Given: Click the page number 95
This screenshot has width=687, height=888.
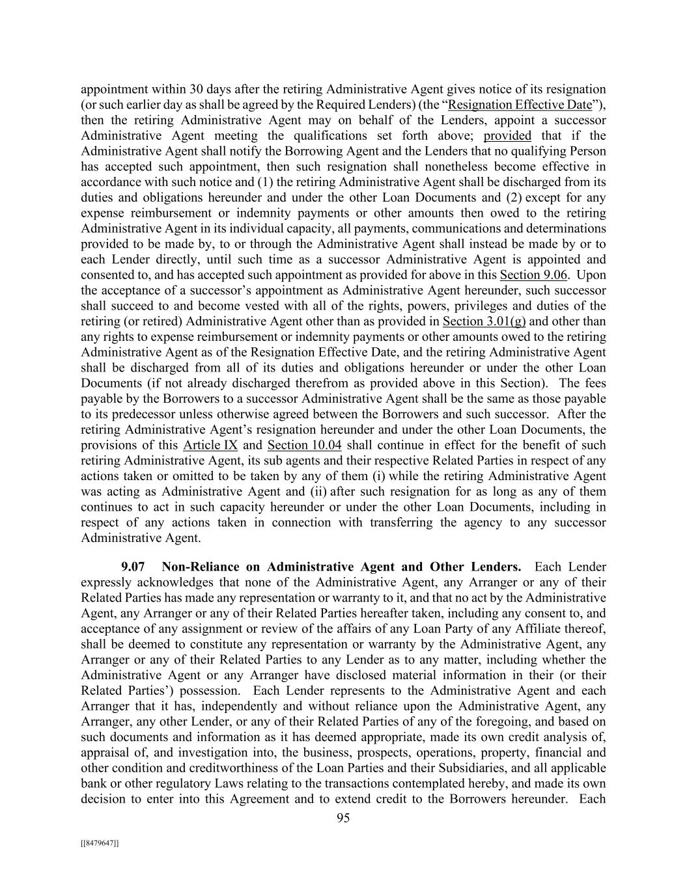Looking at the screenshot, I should [343, 818].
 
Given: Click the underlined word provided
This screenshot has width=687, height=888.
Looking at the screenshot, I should [507, 136].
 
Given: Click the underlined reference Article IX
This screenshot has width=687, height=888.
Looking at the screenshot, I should [210, 446].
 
